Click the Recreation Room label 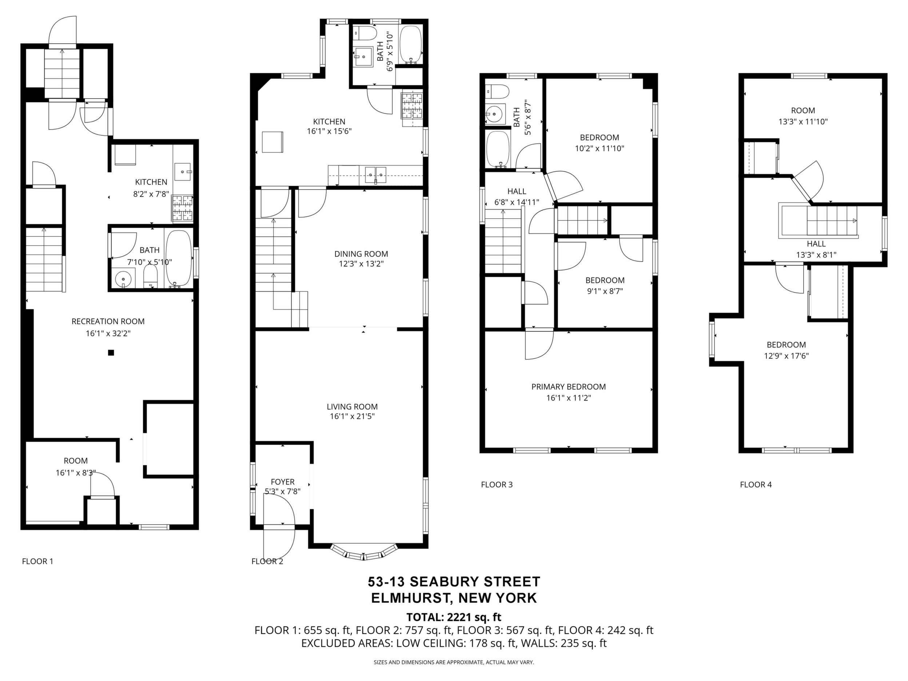pyautogui.click(x=108, y=322)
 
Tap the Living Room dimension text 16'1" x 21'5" pyautogui.click(x=352, y=417)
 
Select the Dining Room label pyautogui.click(x=361, y=254)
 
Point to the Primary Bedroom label pyautogui.click(x=569, y=387)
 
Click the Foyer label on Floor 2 pyautogui.click(x=283, y=482)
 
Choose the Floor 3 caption pyautogui.click(x=497, y=485)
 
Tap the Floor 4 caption pyautogui.click(x=756, y=485)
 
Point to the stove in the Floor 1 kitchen pyautogui.click(x=182, y=208)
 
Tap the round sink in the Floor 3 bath pyautogui.click(x=495, y=113)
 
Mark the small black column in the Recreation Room pyautogui.click(x=111, y=352)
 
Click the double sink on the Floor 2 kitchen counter pyautogui.click(x=375, y=175)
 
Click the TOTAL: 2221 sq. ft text pyautogui.click(x=454, y=617)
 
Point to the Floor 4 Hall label pyautogui.click(x=816, y=244)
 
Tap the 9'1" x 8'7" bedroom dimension pyautogui.click(x=605, y=291)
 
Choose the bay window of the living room pyautogui.click(x=364, y=553)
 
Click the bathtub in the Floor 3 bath pyautogui.click(x=498, y=150)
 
